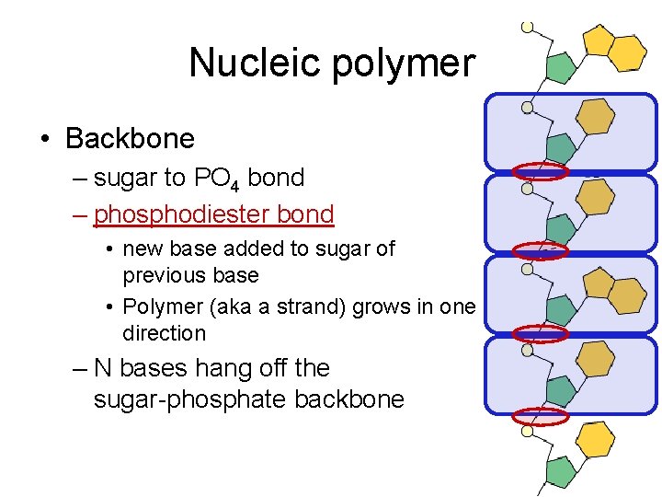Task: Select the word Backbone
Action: pyautogui.click(x=131, y=139)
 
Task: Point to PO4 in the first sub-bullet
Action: pyautogui.click(x=216, y=179)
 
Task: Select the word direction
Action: pyautogui.click(x=164, y=332)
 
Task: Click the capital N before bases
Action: pyautogui.click(x=103, y=368)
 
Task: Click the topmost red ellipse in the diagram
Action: pyautogui.click(x=541, y=170)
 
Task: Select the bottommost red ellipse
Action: pyautogui.click(x=541, y=416)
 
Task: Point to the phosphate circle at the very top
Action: pyautogui.click(x=527, y=27)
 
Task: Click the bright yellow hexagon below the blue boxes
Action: pyautogui.click(x=596, y=438)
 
